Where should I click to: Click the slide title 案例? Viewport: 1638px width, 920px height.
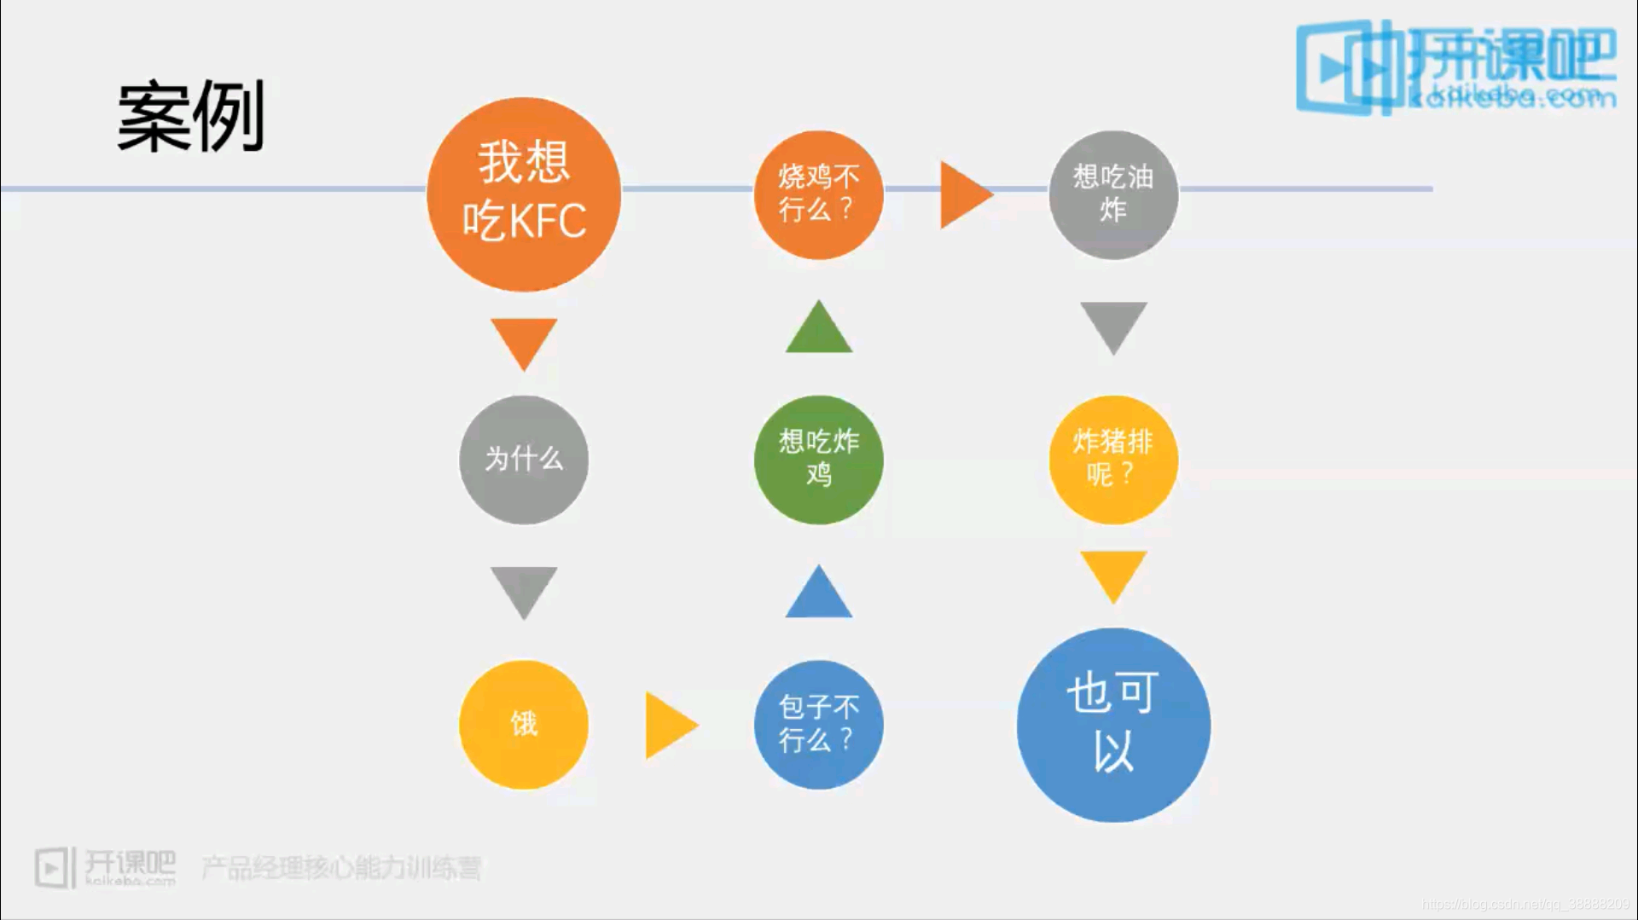[x=190, y=117]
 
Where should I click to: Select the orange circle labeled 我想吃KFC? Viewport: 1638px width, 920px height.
[x=524, y=194]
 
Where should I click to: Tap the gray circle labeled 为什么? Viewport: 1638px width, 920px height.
[x=524, y=460]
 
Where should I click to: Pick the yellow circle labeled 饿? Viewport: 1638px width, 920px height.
[x=524, y=725]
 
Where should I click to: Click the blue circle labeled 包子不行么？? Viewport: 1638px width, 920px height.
[x=818, y=725]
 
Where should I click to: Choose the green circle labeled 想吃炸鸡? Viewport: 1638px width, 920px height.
[x=818, y=460]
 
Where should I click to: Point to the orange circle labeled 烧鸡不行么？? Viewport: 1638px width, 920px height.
[x=818, y=194]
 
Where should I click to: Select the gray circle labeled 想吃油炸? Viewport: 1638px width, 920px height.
[x=1113, y=194]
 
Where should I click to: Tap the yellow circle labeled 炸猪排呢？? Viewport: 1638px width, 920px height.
[x=1113, y=460]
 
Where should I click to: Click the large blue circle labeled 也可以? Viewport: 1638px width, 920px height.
[x=1113, y=725]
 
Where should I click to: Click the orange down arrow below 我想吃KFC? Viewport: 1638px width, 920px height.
[x=524, y=341]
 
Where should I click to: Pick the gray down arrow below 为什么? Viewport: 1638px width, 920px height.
[x=524, y=589]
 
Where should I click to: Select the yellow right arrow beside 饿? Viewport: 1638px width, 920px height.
[x=669, y=725]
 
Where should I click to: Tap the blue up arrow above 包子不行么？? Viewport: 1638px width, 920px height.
[x=818, y=594]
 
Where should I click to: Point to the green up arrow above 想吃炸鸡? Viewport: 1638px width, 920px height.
[x=818, y=330]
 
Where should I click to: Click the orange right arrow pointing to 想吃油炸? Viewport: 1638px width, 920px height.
[x=963, y=194]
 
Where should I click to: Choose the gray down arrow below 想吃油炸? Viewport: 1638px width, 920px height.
[x=1113, y=325]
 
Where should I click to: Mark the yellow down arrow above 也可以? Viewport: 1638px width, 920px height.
[x=1113, y=574]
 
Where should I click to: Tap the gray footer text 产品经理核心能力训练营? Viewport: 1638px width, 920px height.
[x=341, y=868]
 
